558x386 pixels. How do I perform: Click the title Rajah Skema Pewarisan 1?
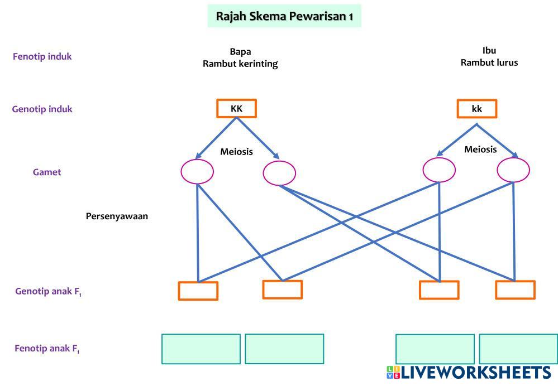pyautogui.click(x=284, y=16)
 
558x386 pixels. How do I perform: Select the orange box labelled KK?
pyautogui.click(x=236, y=109)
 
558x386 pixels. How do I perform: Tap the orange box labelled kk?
pyautogui.click(x=476, y=109)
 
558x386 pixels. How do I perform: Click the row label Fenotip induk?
pyautogui.click(x=42, y=56)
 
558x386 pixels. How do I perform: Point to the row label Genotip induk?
pyautogui.click(x=42, y=109)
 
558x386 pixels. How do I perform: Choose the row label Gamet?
pyautogui.click(x=47, y=172)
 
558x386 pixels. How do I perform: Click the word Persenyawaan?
pyautogui.click(x=117, y=216)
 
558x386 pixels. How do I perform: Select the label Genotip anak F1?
pyautogui.click(x=48, y=291)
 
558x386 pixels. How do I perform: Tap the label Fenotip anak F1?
pyautogui.click(x=47, y=349)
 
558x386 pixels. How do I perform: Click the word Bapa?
pyautogui.click(x=240, y=52)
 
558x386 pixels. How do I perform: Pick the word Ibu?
pyautogui.click(x=489, y=51)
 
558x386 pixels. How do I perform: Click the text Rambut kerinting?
pyautogui.click(x=240, y=64)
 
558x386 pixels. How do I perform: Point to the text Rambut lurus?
pyautogui.click(x=489, y=62)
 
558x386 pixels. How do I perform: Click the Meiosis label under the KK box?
pyautogui.click(x=236, y=151)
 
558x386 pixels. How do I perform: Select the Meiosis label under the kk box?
pyautogui.click(x=480, y=149)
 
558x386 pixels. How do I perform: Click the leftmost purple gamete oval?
pyautogui.click(x=197, y=172)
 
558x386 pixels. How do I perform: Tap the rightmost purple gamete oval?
pyautogui.click(x=513, y=170)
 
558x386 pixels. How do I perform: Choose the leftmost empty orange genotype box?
pyautogui.click(x=198, y=291)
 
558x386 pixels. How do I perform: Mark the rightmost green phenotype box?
pyautogui.click(x=518, y=349)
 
